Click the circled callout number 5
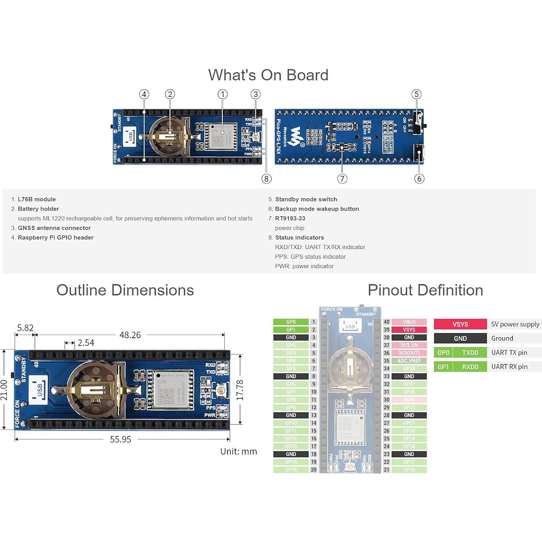[416, 94]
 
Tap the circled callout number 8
[266, 179]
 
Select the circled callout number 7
[342, 179]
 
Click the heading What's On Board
[268, 75]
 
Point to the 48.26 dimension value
[130, 335]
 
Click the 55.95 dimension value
[120, 439]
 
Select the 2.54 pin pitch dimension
[86, 343]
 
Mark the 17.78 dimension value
[240, 390]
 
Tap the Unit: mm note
[238, 451]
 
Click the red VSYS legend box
[460, 324]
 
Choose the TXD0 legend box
[470, 353]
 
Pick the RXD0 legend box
[470, 367]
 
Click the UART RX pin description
[509, 367]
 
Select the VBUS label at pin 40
[409, 322]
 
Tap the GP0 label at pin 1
[291, 322]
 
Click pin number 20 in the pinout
[314, 470]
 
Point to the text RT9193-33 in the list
[290, 218]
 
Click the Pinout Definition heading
[425, 290]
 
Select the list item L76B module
[37, 199]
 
